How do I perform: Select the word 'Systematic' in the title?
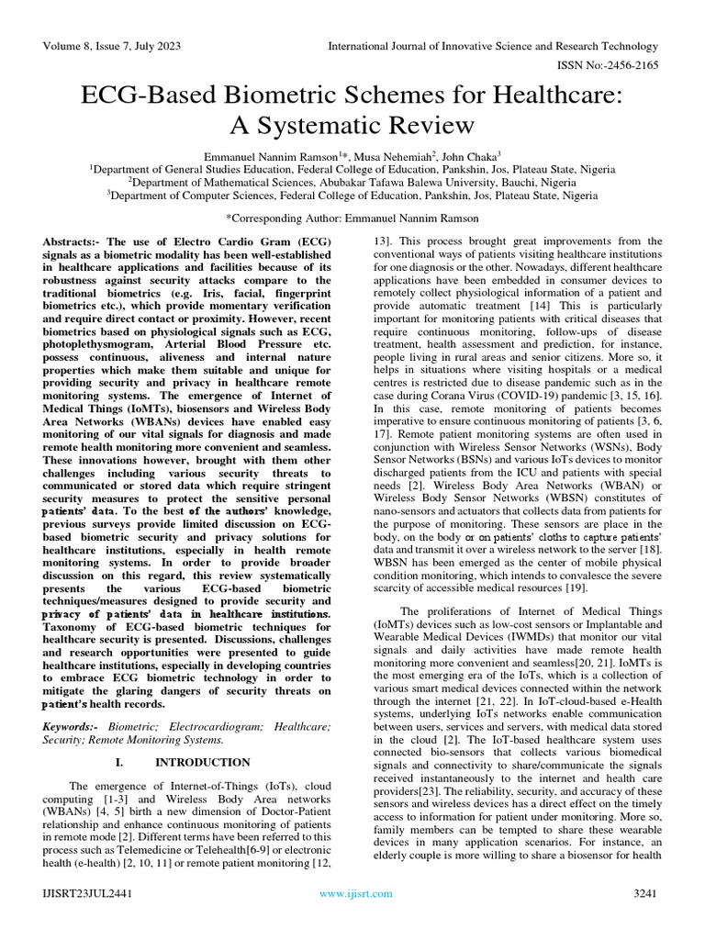click(330, 124)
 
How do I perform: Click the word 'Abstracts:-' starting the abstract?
click(73, 241)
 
